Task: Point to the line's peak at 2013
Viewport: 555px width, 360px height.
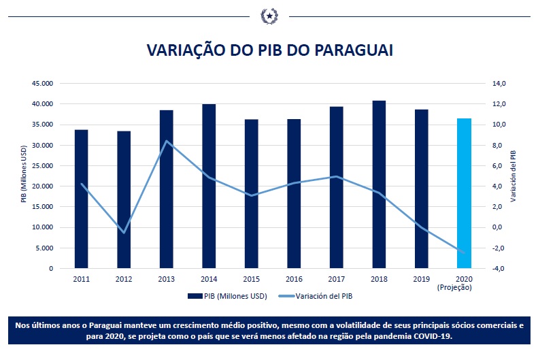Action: click(167, 141)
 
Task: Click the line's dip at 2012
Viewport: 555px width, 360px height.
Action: click(124, 233)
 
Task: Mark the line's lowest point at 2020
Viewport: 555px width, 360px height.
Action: click(464, 252)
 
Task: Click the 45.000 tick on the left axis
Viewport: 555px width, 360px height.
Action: click(43, 84)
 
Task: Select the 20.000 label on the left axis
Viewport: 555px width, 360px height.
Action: click(43, 186)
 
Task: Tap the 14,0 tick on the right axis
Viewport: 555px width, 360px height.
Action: click(499, 84)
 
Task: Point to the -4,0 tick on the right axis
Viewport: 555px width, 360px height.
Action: click(499, 268)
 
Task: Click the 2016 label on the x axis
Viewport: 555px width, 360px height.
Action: click(294, 279)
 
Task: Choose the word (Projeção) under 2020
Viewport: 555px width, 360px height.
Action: click(464, 287)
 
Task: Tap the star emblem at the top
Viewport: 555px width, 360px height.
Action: click(269, 14)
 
